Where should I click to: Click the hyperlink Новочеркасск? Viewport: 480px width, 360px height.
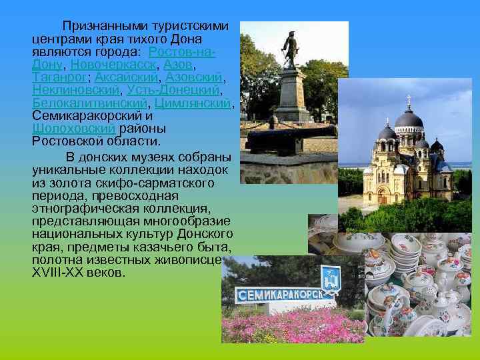113,65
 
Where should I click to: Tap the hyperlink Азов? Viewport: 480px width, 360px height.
178,65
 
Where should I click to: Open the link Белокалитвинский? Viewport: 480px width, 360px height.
90,103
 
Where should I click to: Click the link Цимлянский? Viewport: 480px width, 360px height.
194,103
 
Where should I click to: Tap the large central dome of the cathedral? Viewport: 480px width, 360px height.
408,121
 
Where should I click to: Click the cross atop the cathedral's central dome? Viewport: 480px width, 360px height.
408,99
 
